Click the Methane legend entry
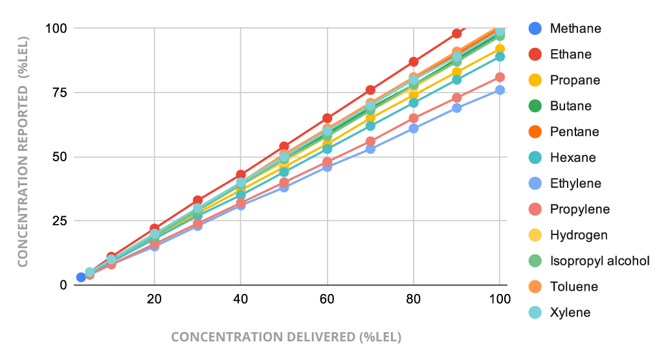pos(575,28)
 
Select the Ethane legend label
pos(570,54)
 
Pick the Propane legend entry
pos(575,80)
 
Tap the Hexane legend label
pos(573,157)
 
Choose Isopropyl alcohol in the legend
pos(599,261)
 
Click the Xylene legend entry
pos(570,313)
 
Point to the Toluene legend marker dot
pos(535,287)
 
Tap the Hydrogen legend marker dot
pos(535,235)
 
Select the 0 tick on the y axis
pos(63,285)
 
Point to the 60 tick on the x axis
pos(327,298)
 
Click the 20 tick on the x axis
pos(154,298)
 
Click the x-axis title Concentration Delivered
pos(286,337)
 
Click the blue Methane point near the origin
pos(81,277)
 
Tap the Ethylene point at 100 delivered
pos(500,90)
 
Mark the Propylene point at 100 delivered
pos(500,77)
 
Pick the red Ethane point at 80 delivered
pos(414,62)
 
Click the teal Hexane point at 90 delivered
pos(457,80)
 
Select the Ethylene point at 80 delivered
pos(414,128)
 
